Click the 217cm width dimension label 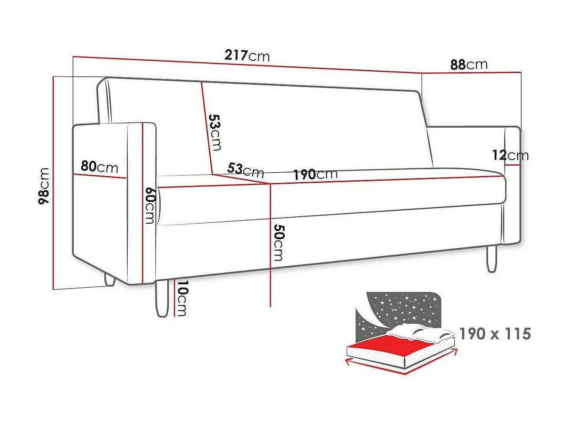[247, 56]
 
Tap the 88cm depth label [468, 64]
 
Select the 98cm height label [44, 186]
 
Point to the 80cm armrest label [99, 167]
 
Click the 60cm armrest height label [149, 205]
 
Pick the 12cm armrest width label [510, 155]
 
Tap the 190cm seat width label [315, 174]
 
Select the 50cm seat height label [278, 242]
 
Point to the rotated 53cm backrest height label [215, 132]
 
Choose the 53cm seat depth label [245, 170]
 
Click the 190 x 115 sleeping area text [495, 334]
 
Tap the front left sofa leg [162, 298]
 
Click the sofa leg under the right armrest [492, 258]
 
